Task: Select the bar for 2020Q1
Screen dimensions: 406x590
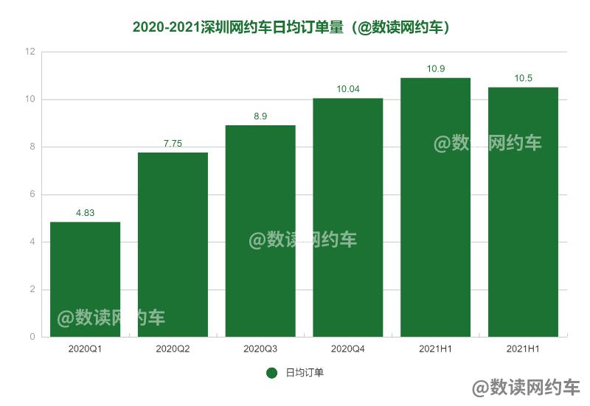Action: pyautogui.click(x=85, y=279)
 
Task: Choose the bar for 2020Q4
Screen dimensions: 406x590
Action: pyautogui.click(x=348, y=217)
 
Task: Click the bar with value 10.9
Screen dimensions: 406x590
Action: pyautogui.click(x=435, y=207)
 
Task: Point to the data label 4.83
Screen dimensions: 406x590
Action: pyautogui.click(x=85, y=214)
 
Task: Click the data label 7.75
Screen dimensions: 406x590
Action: pyautogui.click(x=173, y=144)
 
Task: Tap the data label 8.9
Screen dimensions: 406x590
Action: pyautogui.click(x=260, y=116)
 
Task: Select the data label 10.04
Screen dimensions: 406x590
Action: pyautogui.click(x=348, y=89)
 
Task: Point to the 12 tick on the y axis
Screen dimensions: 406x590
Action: pyautogui.click(x=30, y=52)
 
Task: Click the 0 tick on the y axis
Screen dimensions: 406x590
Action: pyautogui.click(x=32, y=337)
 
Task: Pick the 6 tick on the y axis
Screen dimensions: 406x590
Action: pyautogui.click(x=32, y=195)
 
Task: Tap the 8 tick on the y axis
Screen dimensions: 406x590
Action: pyautogui.click(x=32, y=147)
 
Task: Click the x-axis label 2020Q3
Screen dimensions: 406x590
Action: pyautogui.click(x=260, y=349)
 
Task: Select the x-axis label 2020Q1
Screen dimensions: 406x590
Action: pyautogui.click(x=85, y=349)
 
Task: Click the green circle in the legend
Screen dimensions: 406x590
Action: pyautogui.click(x=271, y=373)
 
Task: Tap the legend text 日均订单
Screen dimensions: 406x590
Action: pyautogui.click(x=305, y=373)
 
